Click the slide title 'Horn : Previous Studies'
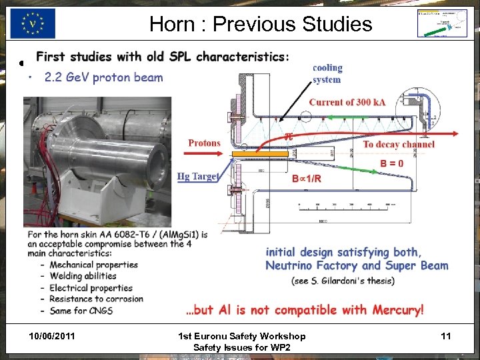[x=260, y=24]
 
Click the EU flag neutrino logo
[x=33, y=24]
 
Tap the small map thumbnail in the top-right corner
[x=441, y=24]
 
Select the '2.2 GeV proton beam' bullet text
[x=103, y=77]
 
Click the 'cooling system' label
[x=327, y=73]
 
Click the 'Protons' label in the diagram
[x=204, y=143]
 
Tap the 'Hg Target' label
[x=198, y=176]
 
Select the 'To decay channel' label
[x=399, y=144]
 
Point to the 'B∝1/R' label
[x=307, y=179]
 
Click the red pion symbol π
[x=288, y=136]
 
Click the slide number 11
[x=446, y=336]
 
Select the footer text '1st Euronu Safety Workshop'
[x=243, y=336]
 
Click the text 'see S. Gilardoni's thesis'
[x=343, y=281]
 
